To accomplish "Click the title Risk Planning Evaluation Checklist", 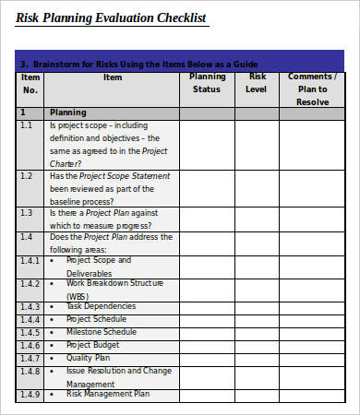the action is [x=112, y=18].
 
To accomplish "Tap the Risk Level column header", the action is [x=258, y=83].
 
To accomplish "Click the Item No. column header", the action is [x=30, y=83].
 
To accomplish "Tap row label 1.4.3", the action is [x=30, y=306].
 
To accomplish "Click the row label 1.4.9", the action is [x=30, y=395].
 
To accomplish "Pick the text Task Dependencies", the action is [x=101, y=306].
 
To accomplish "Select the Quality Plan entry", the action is [x=89, y=358].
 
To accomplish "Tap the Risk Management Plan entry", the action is [x=107, y=394].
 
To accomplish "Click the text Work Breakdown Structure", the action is [x=114, y=283].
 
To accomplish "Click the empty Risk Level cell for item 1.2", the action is [x=258, y=188].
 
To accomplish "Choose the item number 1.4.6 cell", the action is [x=30, y=345].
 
